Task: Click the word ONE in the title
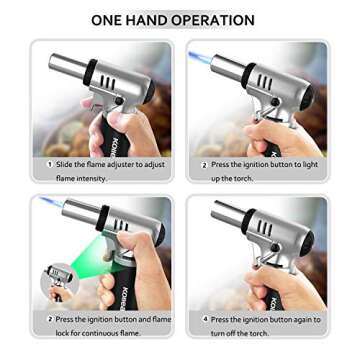click(x=110, y=19)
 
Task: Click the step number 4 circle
click(x=204, y=319)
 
